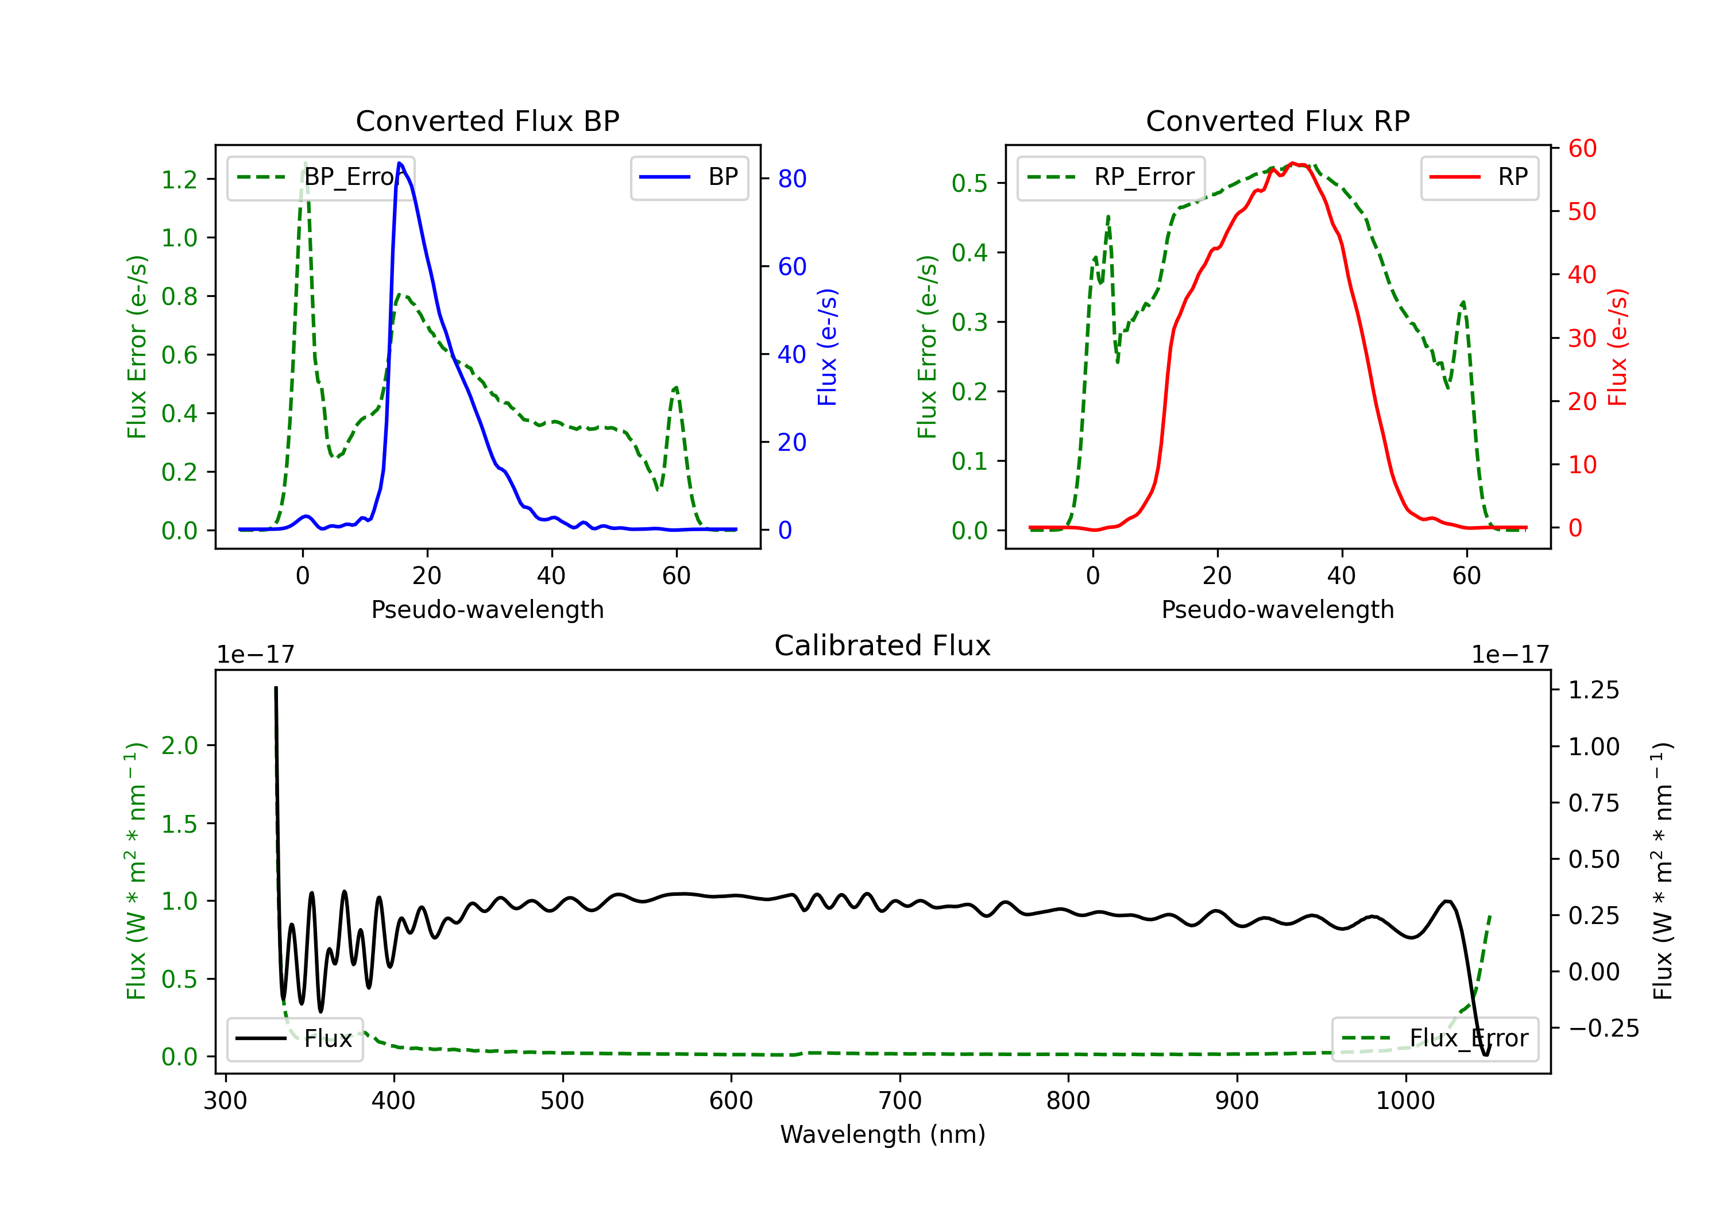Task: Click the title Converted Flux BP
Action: pos(487,121)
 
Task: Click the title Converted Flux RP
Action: pos(1277,121)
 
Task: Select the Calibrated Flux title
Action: pos(883,645)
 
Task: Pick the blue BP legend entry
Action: pos(689,177)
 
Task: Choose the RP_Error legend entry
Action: pos(1111,177)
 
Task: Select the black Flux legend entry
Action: pos(294,1039)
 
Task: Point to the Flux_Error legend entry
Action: pos(1435,1039)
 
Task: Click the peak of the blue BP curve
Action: pos(399,163)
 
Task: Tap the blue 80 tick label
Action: pos(791,179)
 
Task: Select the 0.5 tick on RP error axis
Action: pos(969,183)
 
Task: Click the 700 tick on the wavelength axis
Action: pos(900,1101)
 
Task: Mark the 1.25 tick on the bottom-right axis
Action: pos(1594,690)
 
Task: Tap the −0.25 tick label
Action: pos(1604,1028)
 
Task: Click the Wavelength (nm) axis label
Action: pos(883,1135)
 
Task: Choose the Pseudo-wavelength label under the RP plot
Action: pos(1277,609)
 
